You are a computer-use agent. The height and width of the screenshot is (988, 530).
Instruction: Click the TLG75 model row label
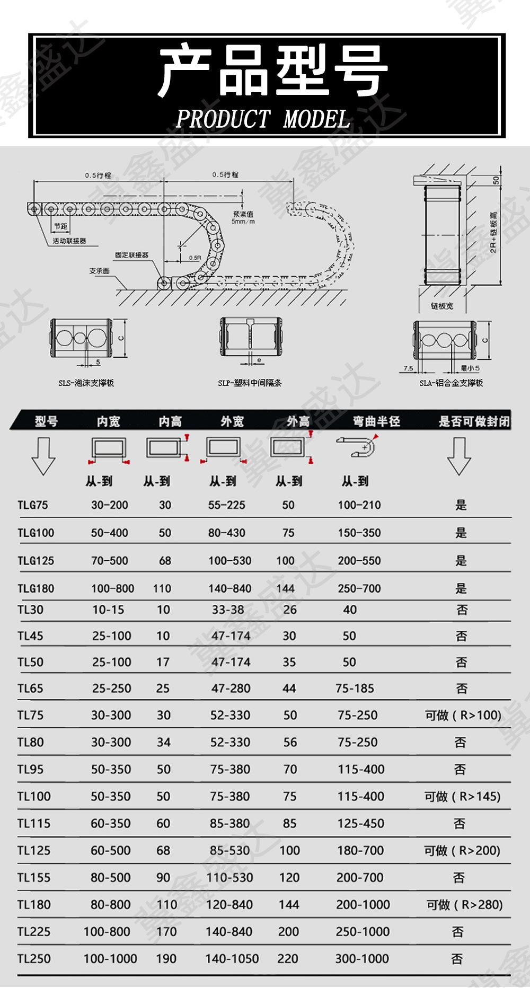(x=33, y=505)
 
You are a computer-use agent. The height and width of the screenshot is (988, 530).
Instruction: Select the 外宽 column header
(x=232, y=421)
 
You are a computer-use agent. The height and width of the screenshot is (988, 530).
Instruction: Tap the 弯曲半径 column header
(x=376, y=421)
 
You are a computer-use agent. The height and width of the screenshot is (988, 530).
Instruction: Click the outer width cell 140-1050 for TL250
(x=232, y=959)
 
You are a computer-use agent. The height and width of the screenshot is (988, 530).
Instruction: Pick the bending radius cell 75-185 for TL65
(x=355, y=689)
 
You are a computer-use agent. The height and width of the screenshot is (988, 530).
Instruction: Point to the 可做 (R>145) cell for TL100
(x=462, y=796)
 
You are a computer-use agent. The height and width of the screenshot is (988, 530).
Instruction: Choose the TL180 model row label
(x=34, y=905)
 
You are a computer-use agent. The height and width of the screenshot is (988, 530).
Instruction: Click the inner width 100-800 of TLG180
(x=112, y=588)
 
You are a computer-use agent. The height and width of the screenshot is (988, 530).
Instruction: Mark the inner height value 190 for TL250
(x=166, y=959)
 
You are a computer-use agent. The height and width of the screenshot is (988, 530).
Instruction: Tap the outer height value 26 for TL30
(x=290, y=610)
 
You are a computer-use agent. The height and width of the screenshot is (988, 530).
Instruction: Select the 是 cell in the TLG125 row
(x=461, y=561)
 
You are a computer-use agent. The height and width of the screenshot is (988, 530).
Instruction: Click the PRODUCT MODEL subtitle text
(x=263, y=119)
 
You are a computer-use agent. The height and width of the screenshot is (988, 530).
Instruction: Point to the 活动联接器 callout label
(x=69, y=241)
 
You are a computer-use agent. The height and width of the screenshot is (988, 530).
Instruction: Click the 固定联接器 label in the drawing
(x=131, y=255)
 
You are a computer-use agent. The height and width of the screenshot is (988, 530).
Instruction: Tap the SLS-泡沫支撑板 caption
(x=86, y=383)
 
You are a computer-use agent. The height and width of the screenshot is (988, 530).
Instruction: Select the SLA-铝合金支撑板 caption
(x=451, y=383)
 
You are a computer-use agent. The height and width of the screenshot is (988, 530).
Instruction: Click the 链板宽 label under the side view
(x=442, y=306)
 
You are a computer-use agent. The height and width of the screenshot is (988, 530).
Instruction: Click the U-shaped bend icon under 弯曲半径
(x=358, y=447)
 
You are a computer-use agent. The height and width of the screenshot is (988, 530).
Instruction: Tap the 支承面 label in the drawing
(x=99, y=271)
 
